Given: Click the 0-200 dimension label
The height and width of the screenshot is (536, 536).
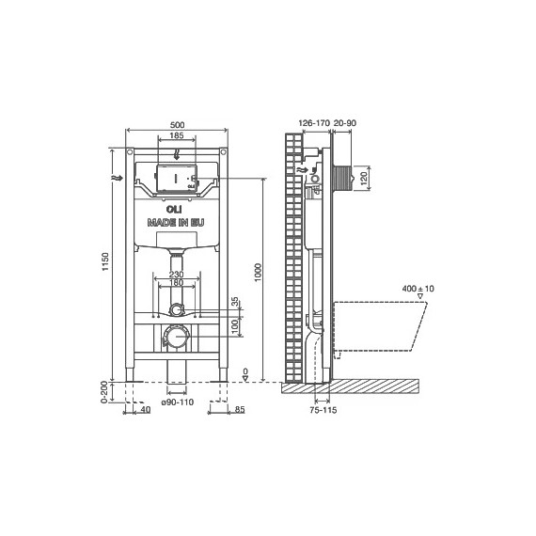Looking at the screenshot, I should [106, 391].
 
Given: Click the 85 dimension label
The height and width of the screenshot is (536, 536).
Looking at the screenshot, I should [240, 409].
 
